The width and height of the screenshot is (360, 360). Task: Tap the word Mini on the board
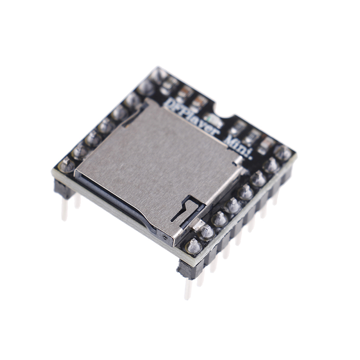click(x=238, y=147)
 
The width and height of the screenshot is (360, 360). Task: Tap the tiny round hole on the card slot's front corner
click(x=165, y=238)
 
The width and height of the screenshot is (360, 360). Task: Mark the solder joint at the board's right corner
click(x=283, y=153)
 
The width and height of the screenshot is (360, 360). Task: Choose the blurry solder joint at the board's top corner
click(x=158, y=75)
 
